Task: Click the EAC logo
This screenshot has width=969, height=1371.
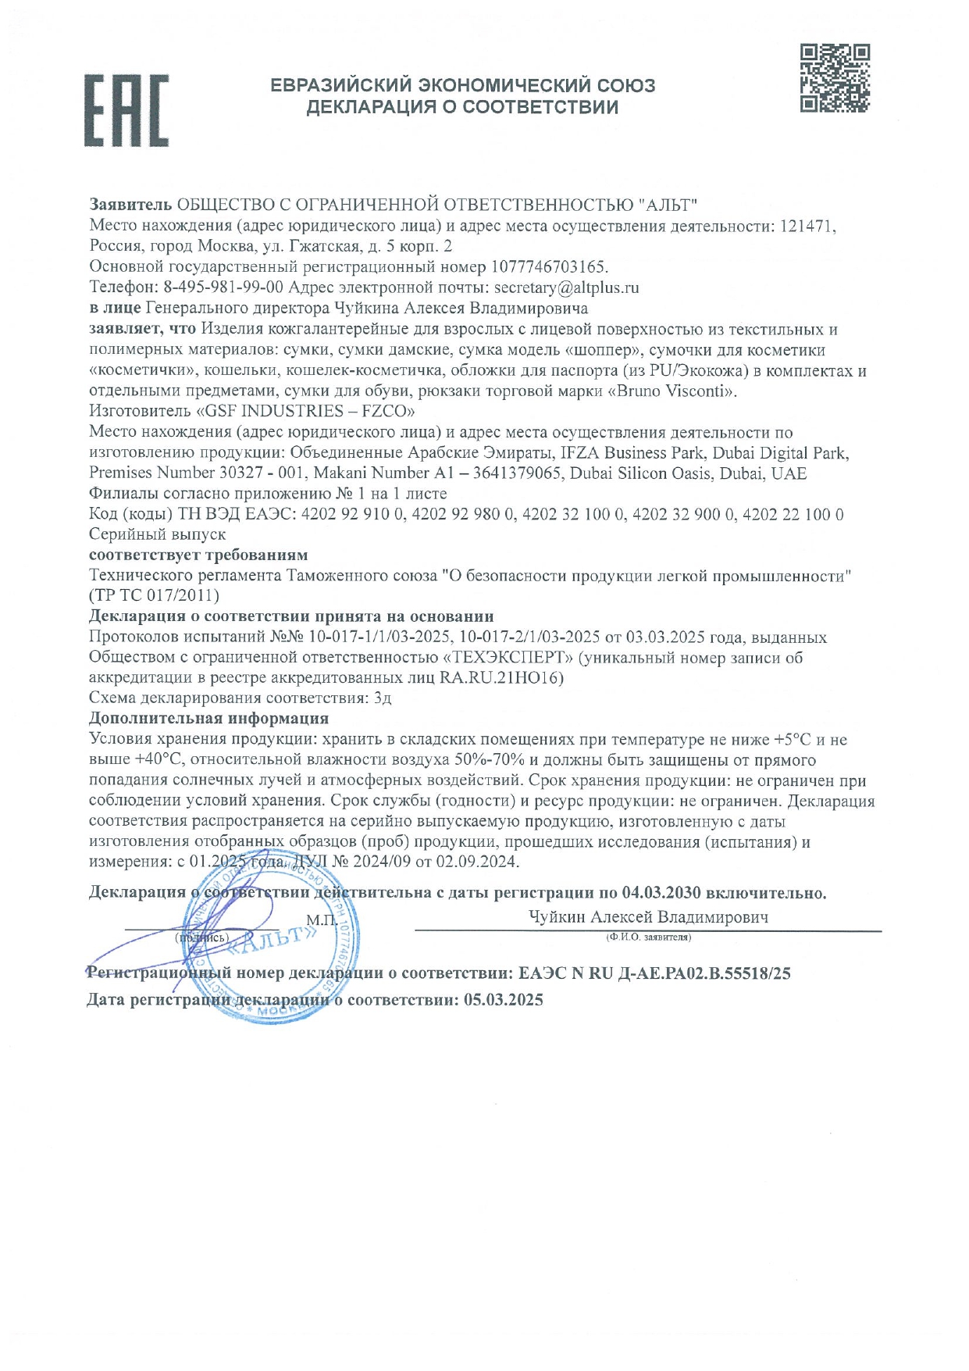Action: click(x=126, y=111)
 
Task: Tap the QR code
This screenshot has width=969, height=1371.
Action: click(x=835, y=78)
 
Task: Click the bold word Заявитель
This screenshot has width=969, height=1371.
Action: click(x=130, y=205)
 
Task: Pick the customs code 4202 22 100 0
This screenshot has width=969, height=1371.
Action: click(x=793, y=515)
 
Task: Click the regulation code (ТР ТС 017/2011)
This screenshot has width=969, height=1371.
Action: click(x=154, y=596)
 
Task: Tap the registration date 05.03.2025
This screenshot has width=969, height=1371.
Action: click(x=503, y=1000)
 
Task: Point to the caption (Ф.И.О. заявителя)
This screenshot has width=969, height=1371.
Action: click(x=648, y=937)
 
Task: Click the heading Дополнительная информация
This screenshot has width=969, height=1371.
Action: click(x=208, y=718)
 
